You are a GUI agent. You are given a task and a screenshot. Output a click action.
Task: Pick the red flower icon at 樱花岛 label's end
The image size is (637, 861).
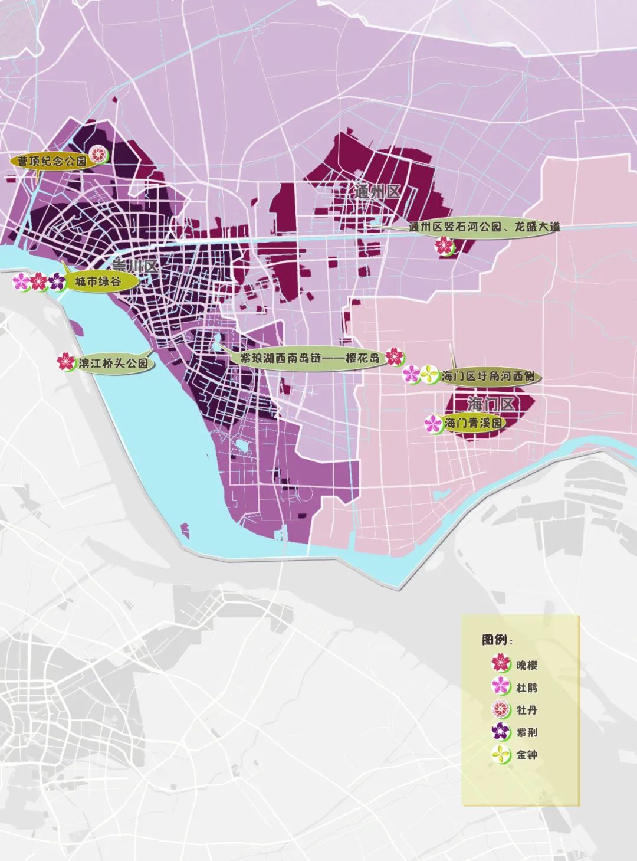click(x=395, y=357)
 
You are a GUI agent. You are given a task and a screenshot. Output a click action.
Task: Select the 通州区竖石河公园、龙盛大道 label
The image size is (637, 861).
click(x=484, y=227)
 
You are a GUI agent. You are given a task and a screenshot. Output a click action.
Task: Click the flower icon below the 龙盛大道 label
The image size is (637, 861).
click(x=444, y=246)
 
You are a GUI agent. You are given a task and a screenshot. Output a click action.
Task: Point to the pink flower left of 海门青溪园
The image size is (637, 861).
click(x=433, y=423)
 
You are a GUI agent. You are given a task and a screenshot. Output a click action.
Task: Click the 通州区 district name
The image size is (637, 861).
click(x=377, y=191)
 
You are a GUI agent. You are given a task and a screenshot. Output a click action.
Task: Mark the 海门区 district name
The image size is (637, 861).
click(x=491, y=404)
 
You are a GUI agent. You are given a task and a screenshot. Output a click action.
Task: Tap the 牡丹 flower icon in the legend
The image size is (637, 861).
click(x=501, y=709)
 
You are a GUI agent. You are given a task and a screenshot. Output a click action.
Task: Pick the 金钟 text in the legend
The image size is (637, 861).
click(x=526, y=754)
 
